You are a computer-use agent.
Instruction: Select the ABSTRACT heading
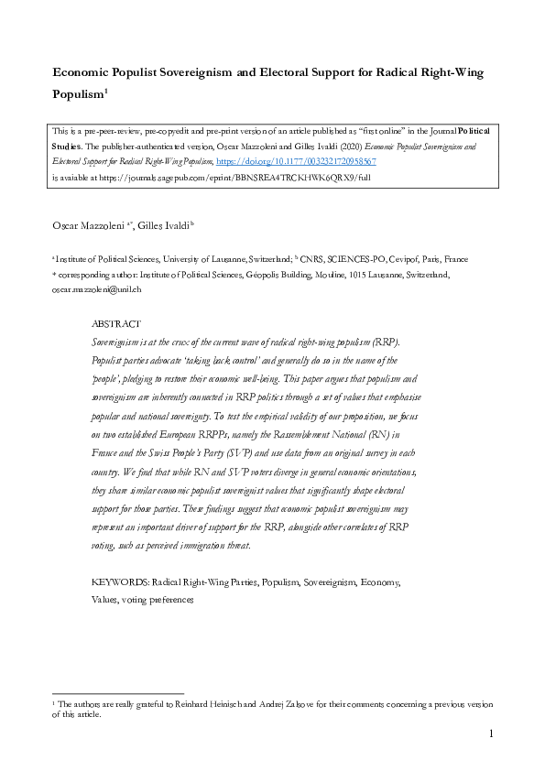pos(116,324)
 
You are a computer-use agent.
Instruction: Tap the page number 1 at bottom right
pos(491,733)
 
